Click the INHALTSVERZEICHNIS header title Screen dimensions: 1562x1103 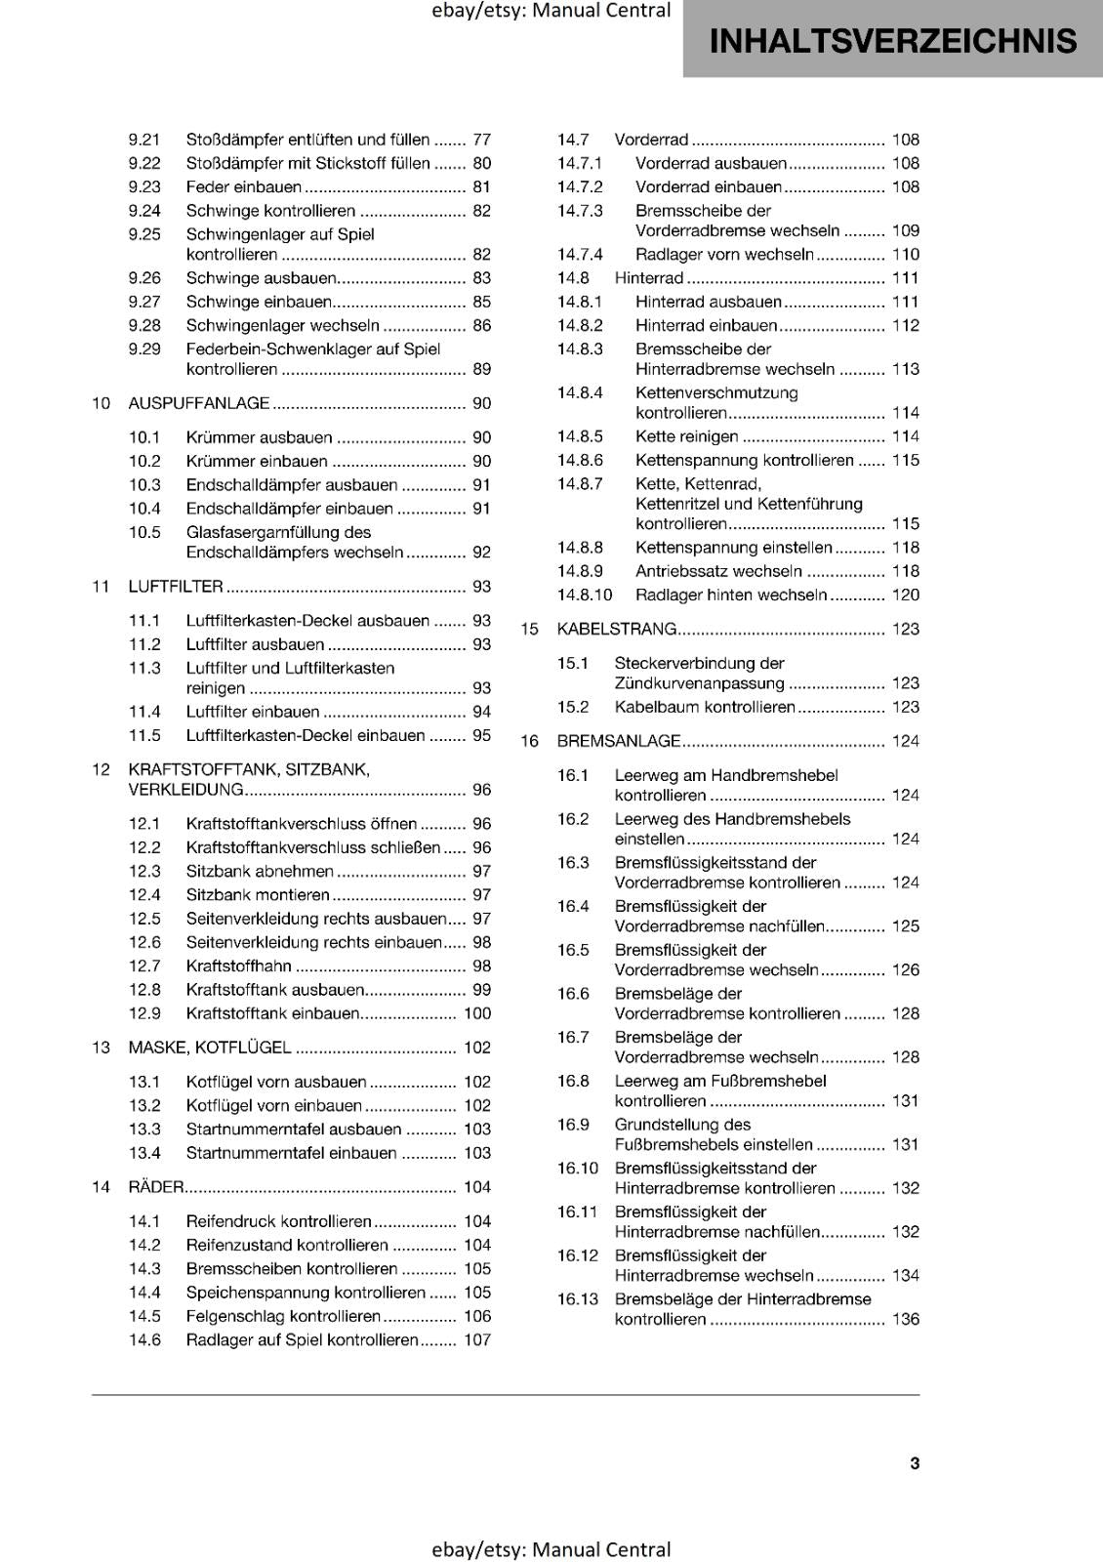[x=892, y=41]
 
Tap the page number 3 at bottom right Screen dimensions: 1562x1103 [x=915, y=1462]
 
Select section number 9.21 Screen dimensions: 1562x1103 [x=144, y=140]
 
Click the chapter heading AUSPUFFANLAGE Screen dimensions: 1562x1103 [x=199, y=403]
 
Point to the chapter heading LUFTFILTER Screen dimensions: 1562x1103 [x=176, y=587]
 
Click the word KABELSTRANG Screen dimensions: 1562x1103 [x=616, y=630]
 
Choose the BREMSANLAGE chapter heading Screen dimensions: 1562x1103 [x=618, y=742]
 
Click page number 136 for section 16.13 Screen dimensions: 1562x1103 [x=906, y=1320]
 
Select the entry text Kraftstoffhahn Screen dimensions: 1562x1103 [x=239, y=966]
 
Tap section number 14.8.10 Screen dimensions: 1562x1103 [x=585, y=596]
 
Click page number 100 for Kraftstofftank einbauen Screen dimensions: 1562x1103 [x=477, y=1014]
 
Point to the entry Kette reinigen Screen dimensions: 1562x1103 [x=686, y=437]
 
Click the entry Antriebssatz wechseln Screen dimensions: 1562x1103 [x=718, y=572]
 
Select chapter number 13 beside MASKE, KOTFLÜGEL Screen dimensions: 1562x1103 [x=101, y=1048]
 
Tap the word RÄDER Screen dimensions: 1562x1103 [x=156, y=1188]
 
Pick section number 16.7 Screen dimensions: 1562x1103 [x=573, y=1038]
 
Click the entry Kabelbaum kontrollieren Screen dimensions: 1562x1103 [x=705, y=708]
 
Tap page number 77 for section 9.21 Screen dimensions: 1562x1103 [x=481, y=140]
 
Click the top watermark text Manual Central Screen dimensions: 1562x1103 [x=601, y=11]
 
